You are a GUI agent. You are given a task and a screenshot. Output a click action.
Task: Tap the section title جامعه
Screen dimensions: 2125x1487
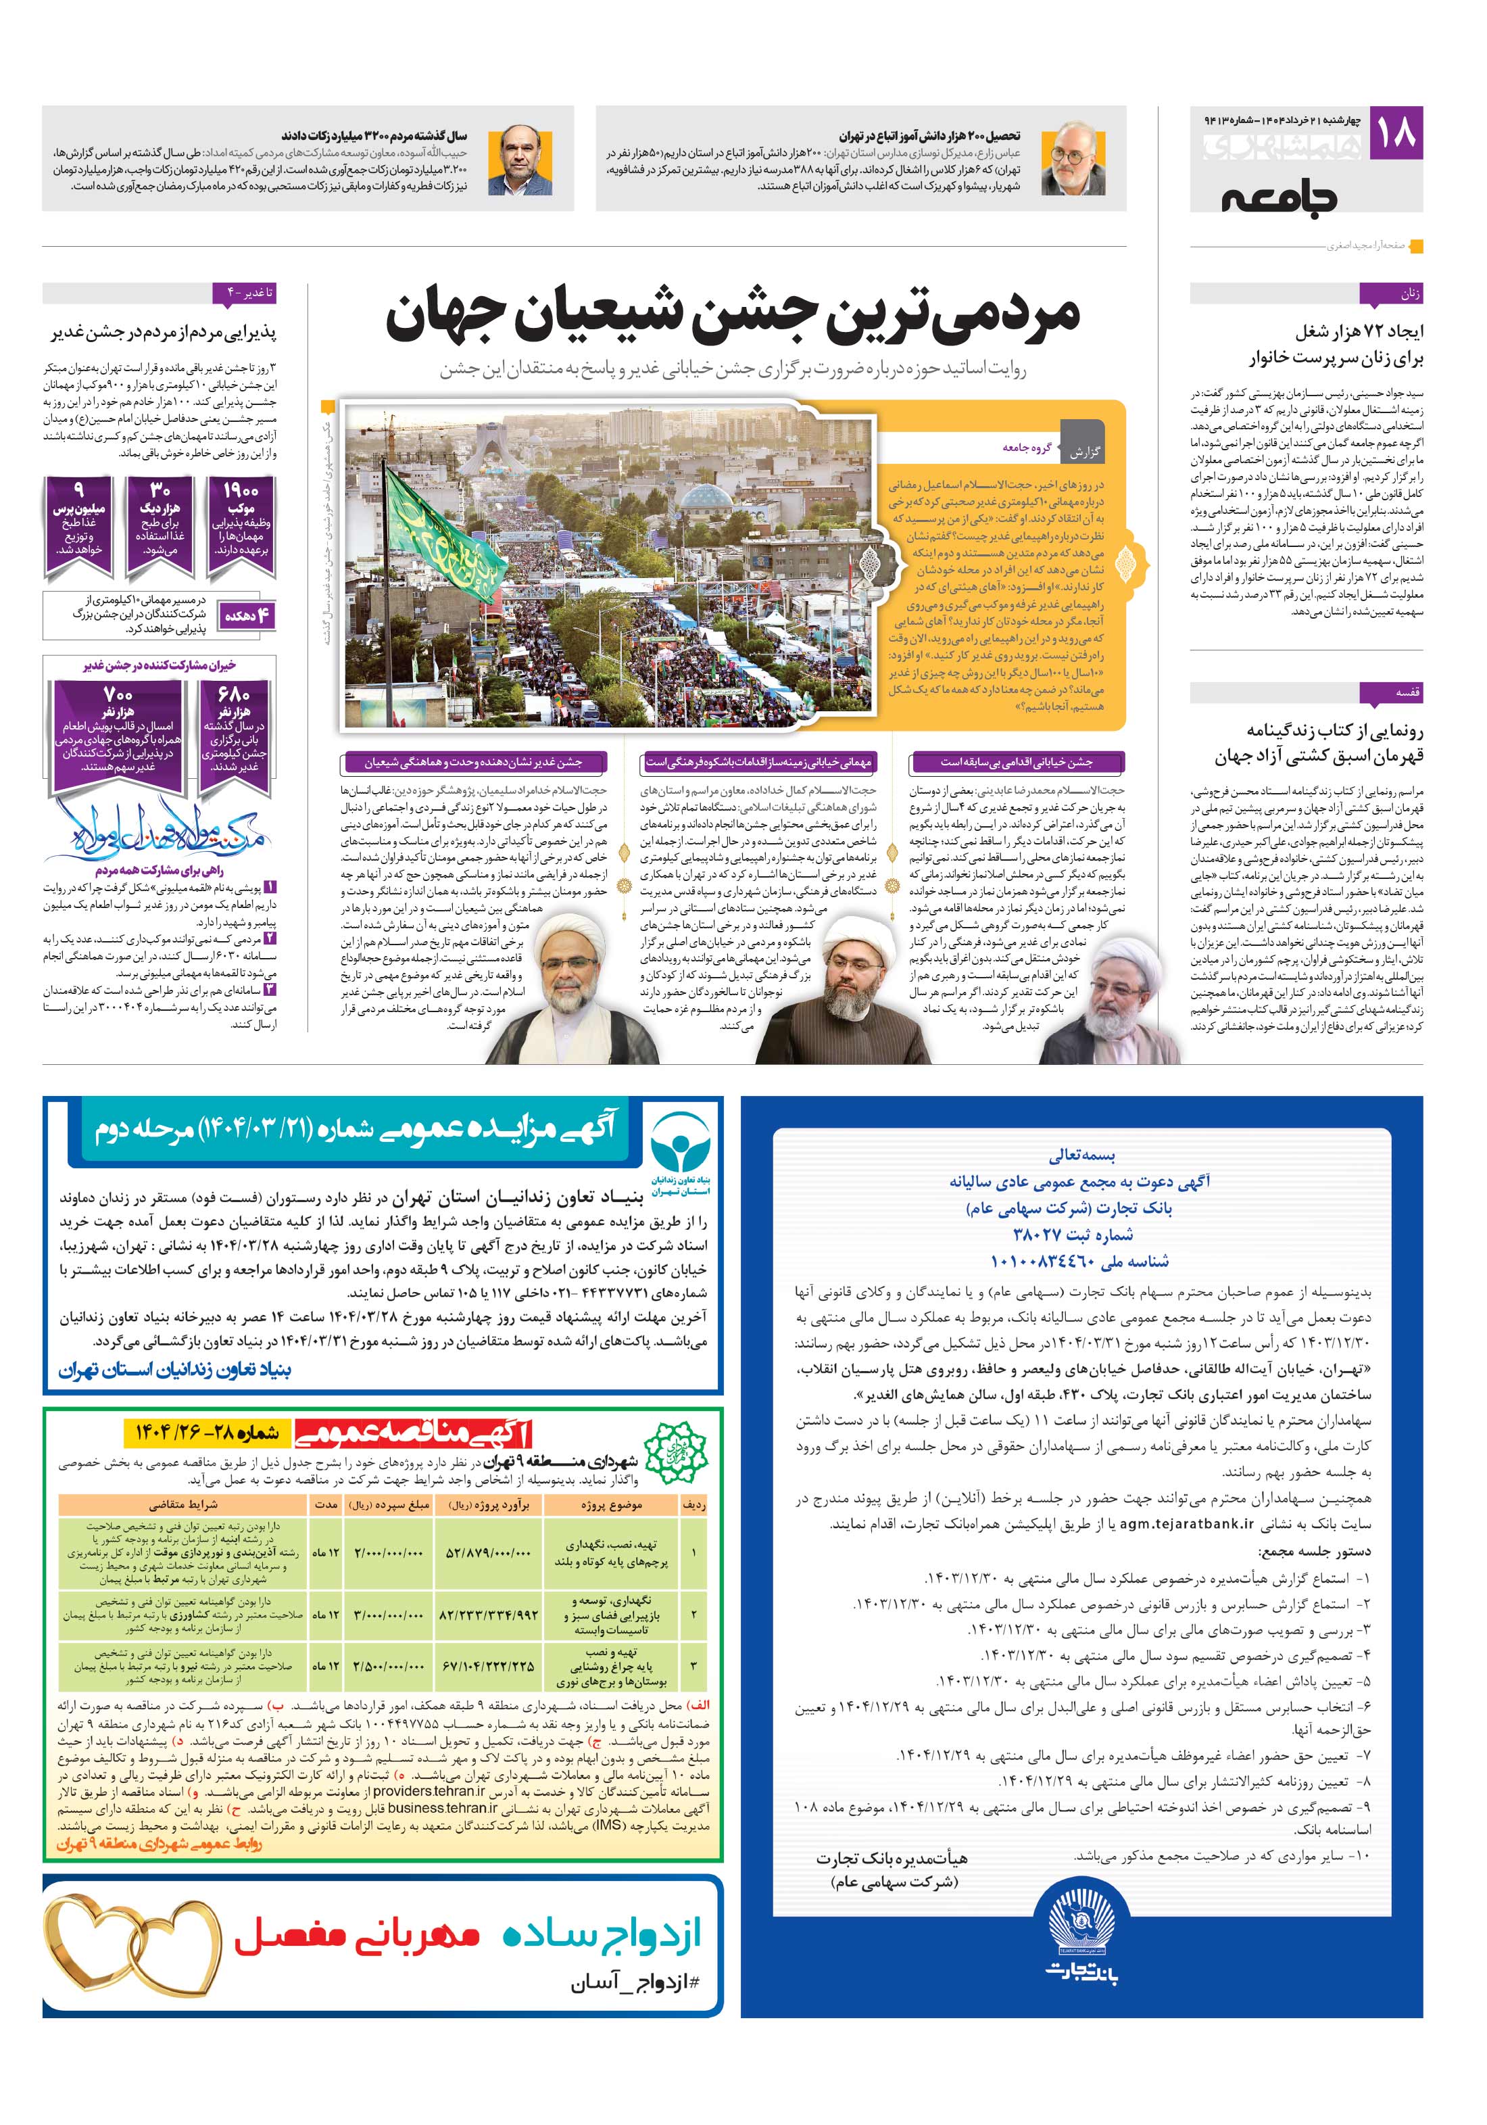1278,198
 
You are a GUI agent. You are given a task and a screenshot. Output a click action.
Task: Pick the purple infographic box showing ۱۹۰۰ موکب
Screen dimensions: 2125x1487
240,527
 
